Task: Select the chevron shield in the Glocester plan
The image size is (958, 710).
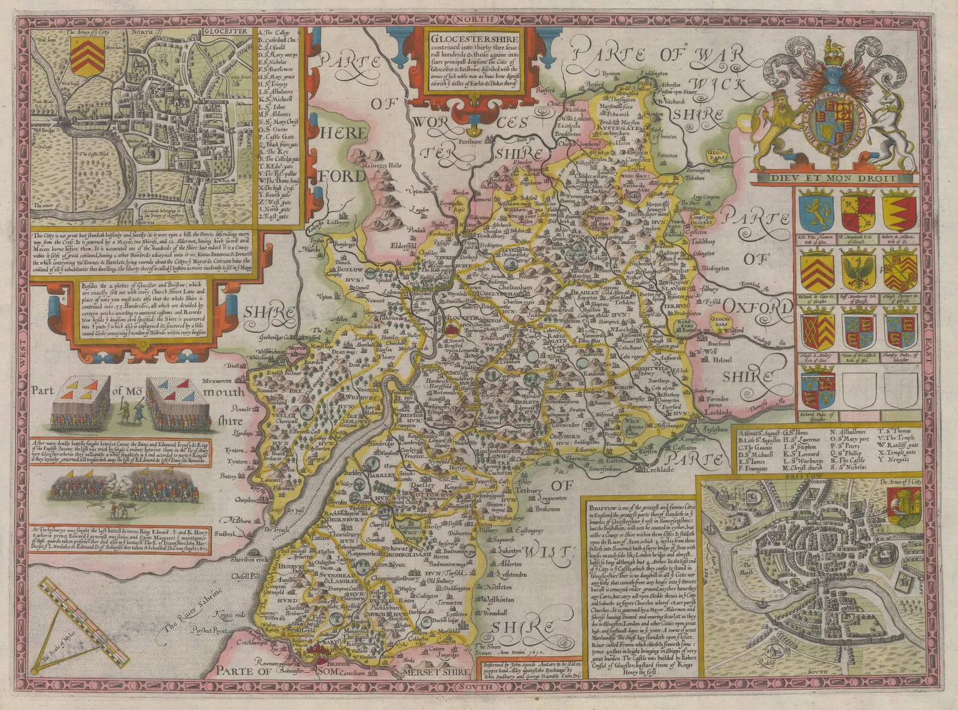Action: point(84,56)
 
